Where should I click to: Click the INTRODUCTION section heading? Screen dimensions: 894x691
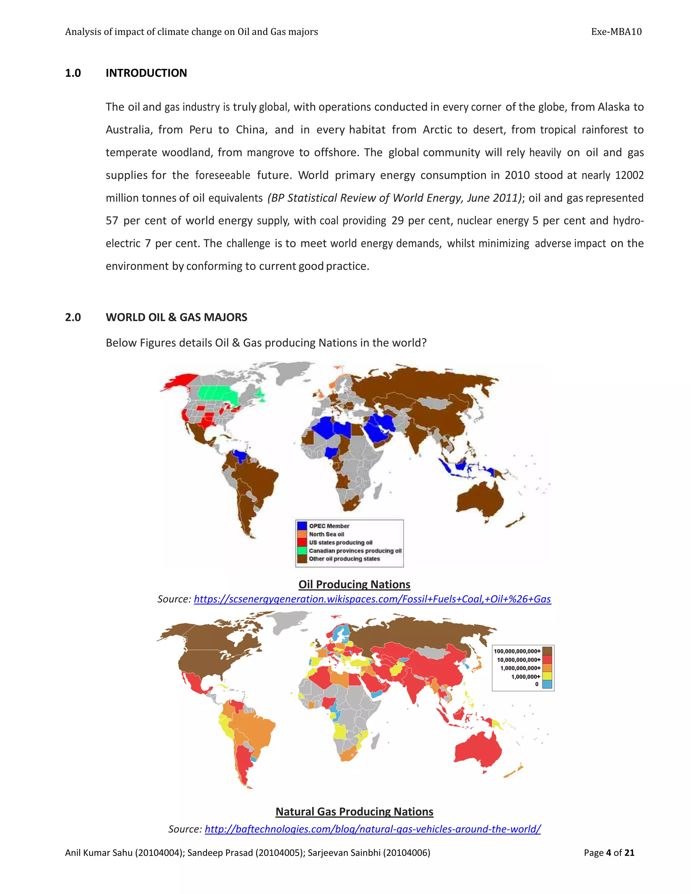pyautogui.click(x=146, y=73)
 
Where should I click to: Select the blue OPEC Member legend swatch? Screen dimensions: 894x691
pyautogui.click(x=302, y=526)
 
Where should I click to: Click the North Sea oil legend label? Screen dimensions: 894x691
pyautogui.click(x=326, y=534)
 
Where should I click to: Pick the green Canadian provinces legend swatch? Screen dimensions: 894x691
pyautogui.click(x=302, y=551)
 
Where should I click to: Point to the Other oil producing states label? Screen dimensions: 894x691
pyautogui.click(x=344, y=559)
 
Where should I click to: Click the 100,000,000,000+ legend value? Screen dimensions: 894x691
pyautogui.click(x=517, y=651)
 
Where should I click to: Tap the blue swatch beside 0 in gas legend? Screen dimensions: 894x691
pyautogui.click(x=547, y=684)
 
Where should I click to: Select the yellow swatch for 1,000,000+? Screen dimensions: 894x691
pyautogui.click(x=547, y=676)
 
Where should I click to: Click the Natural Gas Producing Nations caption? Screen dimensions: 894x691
pyautogui.click(x=354, y=811)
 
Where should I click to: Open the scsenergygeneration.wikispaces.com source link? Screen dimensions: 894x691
pyautogui.click(x=372, y=599)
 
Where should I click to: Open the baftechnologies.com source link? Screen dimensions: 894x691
pyautogui.click(x=372, y=829)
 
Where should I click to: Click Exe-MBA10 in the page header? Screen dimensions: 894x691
pyautogui.click(x=616, y=32)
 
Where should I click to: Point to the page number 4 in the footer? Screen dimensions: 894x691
pyautogui.click(x=608, y=853)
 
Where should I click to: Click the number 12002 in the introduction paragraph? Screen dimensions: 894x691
pyautogui.click(x=629, y=175)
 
